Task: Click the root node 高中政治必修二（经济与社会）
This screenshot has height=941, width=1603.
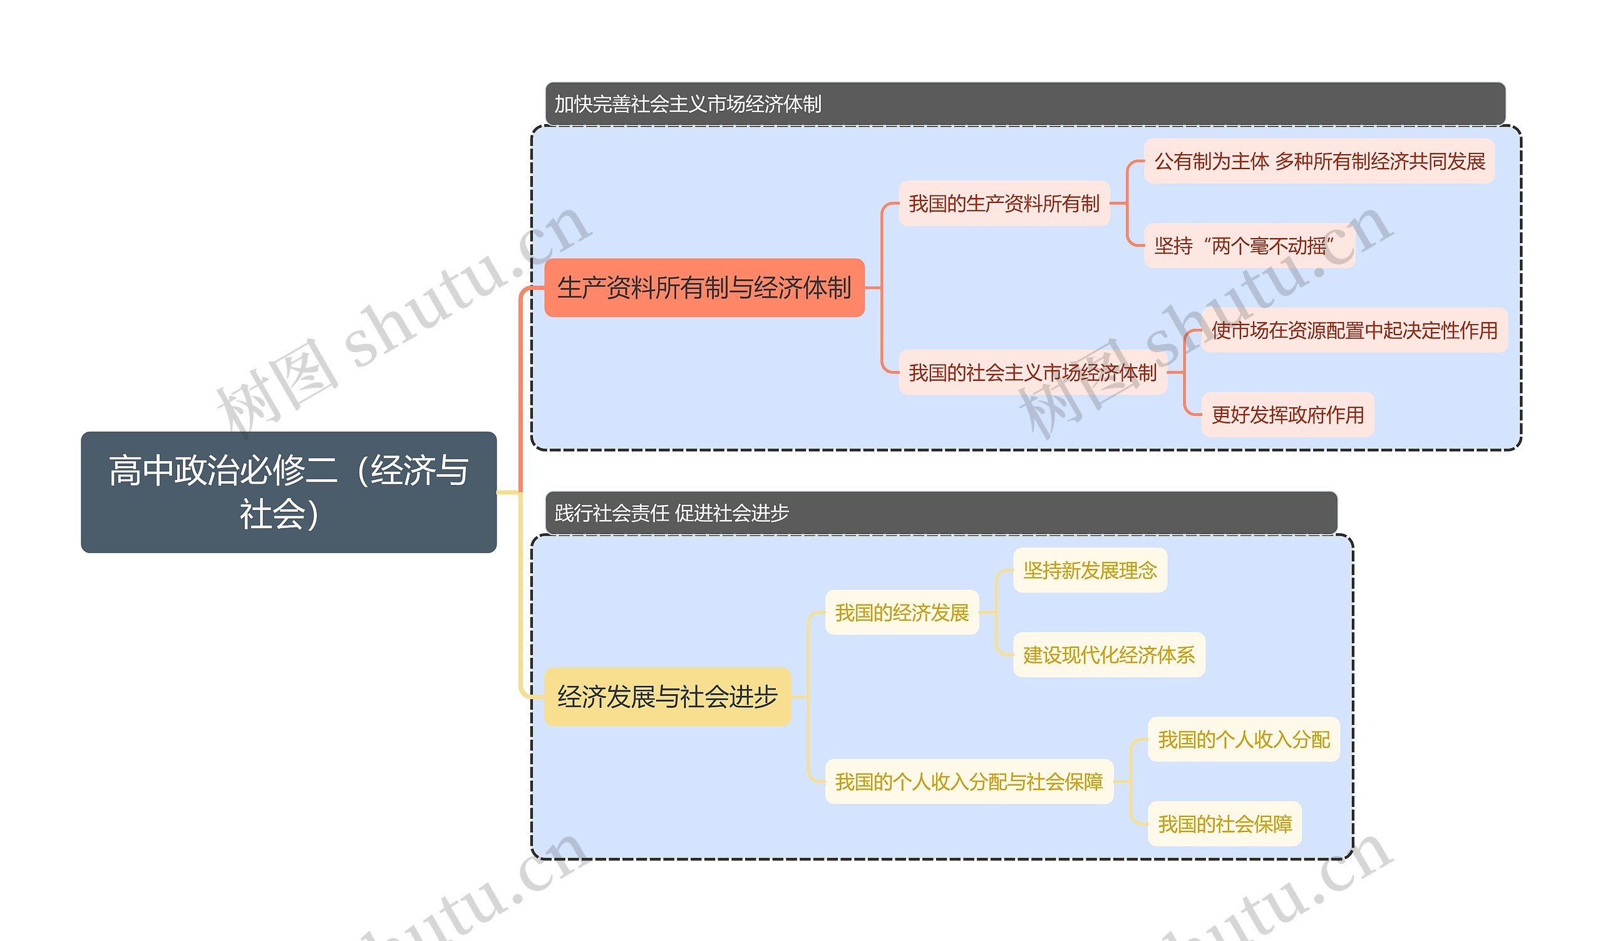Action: (288, 492)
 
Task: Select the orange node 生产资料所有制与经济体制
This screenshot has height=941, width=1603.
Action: (704, 288)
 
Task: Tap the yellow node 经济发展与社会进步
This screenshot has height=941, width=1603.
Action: (667, 697)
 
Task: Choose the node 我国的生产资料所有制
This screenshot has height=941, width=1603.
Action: (1004, 204)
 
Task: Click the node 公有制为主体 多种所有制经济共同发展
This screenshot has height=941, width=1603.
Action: (1319, 162)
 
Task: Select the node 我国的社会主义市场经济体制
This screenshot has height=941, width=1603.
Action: (1032, 373)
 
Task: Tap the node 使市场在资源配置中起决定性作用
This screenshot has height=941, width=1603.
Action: (1354, 330)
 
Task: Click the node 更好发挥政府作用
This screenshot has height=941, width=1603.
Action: (1287, 415)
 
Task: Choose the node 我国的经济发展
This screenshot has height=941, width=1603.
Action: (901, 613)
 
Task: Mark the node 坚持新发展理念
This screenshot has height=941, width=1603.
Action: (1090, 571)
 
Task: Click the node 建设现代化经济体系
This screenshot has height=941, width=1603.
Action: (1109, 655)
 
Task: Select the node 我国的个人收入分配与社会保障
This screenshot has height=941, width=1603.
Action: (969, 781)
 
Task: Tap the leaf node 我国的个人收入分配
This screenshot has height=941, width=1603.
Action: (1244, 739)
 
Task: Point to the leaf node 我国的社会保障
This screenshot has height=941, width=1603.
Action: (1225, 824)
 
